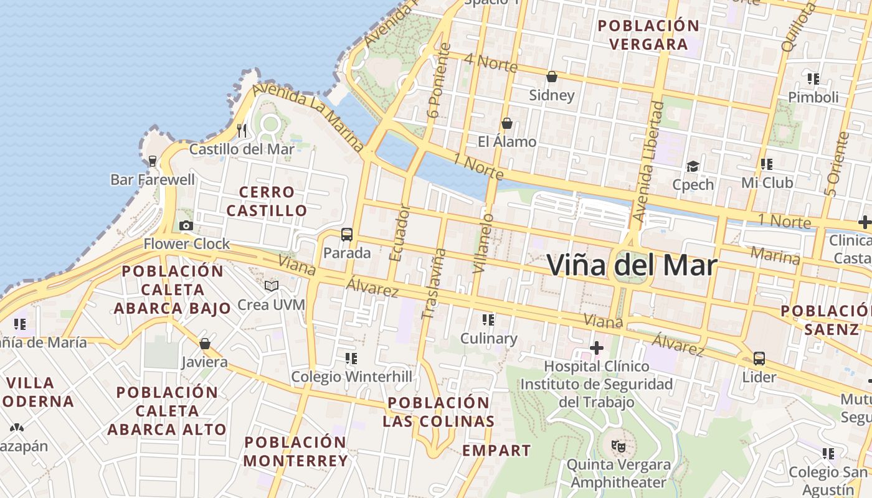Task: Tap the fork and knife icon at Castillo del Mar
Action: click(242, 130)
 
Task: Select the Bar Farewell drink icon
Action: click(153, 161)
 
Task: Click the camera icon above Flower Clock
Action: click(186, 225)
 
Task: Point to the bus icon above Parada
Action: click(347, 234)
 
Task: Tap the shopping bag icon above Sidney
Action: click(551, 77)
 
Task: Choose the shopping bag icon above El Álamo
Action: click(507, 123)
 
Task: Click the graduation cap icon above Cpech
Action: click(693, 166)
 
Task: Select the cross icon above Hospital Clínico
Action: click(597, 347)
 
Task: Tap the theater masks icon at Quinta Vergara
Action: click(618, 446)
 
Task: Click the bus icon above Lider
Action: click(759, 358)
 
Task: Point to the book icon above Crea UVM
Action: click(272, 286)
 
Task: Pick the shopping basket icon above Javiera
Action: click(205, 344)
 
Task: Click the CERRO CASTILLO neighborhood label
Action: click(267, 201)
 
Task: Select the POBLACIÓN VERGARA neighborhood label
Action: click(648, 35)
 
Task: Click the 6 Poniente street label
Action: click(439, 81)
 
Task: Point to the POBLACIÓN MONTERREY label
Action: click(295, 451)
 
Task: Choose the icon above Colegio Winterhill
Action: click(351, 358)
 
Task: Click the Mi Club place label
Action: click(767, 182)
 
